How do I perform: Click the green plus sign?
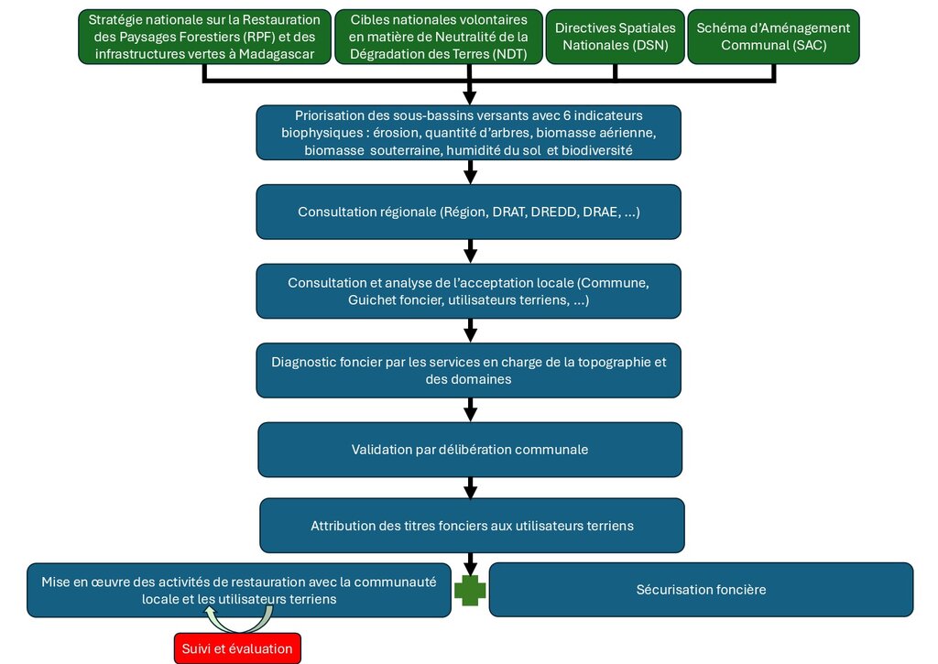coord(470,591)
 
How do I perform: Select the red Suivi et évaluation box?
coord(237,648)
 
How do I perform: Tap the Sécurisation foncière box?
coord(701,590)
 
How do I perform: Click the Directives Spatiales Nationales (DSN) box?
coord(615,37)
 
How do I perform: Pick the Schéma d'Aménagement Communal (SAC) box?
coord(773,37)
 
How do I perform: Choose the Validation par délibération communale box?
coord(470,450)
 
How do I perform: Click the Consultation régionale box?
coord(469,212)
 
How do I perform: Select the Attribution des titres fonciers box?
coord(472,526)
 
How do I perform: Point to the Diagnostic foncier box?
coord(469,370)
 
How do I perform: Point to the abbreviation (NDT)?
coord(509,54)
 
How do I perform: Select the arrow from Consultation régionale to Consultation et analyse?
coord(471,251)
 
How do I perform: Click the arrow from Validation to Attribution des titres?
coord(471,487)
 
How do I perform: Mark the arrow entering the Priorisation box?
coord(470,90)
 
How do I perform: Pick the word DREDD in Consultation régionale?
coord(554,212)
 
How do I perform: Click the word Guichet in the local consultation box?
coord(372,300)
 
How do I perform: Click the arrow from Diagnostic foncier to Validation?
coord(471,410)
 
